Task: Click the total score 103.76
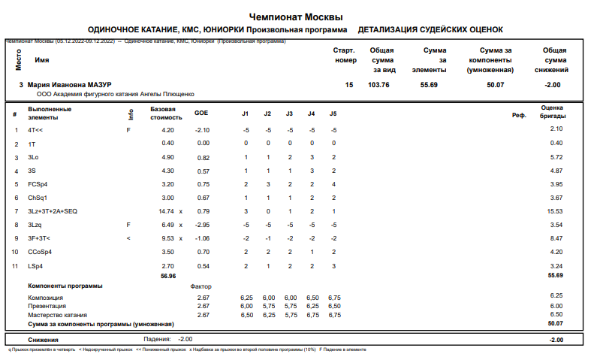click(x=378, y=85)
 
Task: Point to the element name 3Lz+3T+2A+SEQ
click(x=53, y=211)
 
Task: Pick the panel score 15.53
click(x=554, y=211)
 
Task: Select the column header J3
click(x=289, y=113)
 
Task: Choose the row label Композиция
click(x=46, y=298)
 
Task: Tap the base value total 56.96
click(x=167, y=276)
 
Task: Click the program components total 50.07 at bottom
click(x=555, y=323)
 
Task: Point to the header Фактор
click(x=201, y=286)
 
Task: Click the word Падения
click(x=157, y=339)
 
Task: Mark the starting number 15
click(x=348, y=85)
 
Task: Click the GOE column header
click(x=201, y=113)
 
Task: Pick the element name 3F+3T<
click(x=39, y=238)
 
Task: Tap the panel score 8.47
click(x=556, y=238)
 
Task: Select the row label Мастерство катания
click(x=56, y=315)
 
